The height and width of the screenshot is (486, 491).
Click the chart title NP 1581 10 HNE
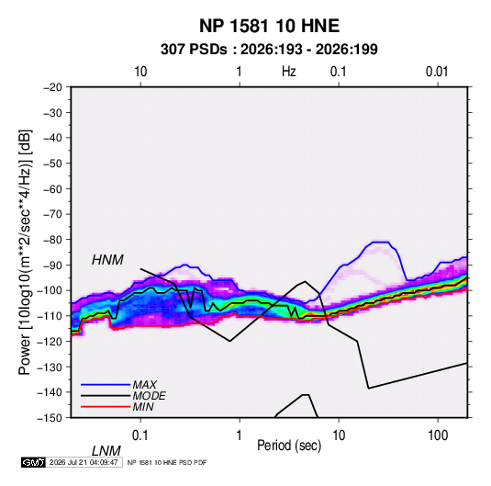tap(269, 26)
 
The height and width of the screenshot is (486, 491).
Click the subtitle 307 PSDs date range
tap(269, 50)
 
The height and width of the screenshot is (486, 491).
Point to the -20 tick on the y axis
tap(52, 87)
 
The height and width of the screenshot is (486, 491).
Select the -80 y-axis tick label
tap(52, 240)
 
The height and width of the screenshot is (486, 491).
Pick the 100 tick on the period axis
tap(438, 435)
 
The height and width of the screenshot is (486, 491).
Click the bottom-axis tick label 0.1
tap(139, 435)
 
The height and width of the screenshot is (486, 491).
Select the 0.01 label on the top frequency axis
tap(437, 72)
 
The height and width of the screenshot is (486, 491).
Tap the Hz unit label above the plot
tap(289, 72)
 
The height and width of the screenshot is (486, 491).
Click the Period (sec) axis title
tap(289, 446)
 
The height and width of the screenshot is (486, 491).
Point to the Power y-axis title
tap(25, 253)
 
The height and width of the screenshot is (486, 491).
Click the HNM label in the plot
tap(107, 260)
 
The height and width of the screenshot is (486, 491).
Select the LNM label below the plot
tap(106, 451)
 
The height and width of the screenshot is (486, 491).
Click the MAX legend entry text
tap(144, 385)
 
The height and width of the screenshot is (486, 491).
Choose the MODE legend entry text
tap(149, 396)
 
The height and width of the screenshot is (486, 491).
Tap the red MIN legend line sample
tap(106, 407)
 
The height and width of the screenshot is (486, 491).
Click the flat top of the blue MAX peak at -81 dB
tap(381, 242)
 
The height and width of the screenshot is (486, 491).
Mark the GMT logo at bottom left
tap(33, 462)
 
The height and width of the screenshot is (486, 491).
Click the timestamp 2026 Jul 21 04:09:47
tap(84, 462)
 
